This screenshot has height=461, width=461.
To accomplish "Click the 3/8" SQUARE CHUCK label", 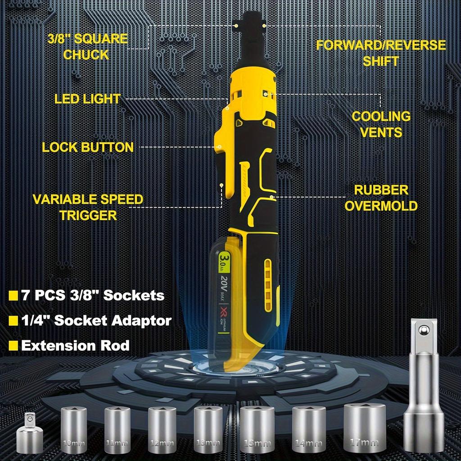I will [x=88, y=46].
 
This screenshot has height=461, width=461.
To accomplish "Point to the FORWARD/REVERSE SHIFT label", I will [x=381, y=53].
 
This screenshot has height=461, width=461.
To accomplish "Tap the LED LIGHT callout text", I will [x=88, y=99].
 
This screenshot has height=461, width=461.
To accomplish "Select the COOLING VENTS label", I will [x=381, y=124].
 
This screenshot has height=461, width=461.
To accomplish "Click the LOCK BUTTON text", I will [x=88, y=147].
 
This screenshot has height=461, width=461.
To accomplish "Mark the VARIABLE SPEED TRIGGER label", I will [x=88, y=207].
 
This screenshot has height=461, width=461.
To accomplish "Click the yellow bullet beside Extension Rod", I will [x=14, y=346].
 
